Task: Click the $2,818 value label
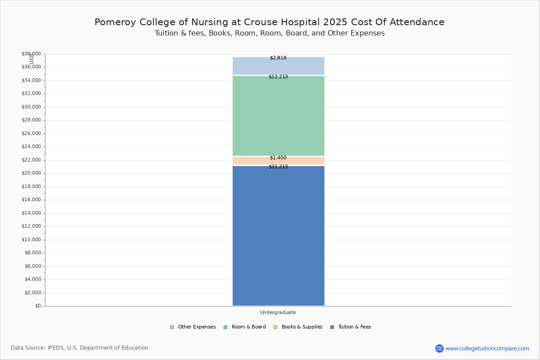[278, 58]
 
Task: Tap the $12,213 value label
[278, 76]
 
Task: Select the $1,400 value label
[278, 157]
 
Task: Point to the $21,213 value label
[278, 166]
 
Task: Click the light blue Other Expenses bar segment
[279, 66]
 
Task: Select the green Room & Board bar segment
[279, 116]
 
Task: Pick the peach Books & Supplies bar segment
[279, 161]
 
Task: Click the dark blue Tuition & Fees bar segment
[279, 236]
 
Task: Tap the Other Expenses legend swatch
[172, 327]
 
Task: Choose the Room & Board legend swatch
[225, 327]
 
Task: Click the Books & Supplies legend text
[302, 327]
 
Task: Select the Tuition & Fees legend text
[355, 327]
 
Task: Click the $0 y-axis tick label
[38, 306]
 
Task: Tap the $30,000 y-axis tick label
[31, 107]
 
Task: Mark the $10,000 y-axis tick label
[31, 239]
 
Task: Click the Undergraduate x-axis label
[278, 312]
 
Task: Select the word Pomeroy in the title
[115, 22]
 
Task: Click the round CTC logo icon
[439, 348]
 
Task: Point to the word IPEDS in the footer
[56, 348]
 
